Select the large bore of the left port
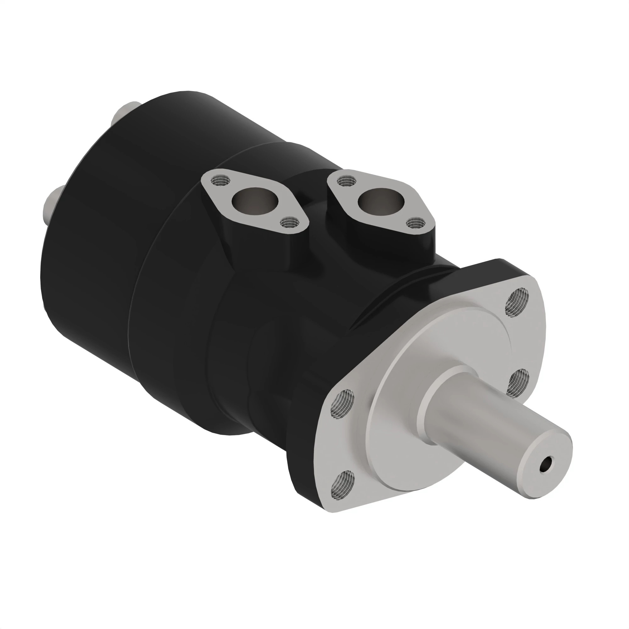click(256, 202)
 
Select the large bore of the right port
click(381, 201)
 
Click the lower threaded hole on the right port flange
click(416, 223)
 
